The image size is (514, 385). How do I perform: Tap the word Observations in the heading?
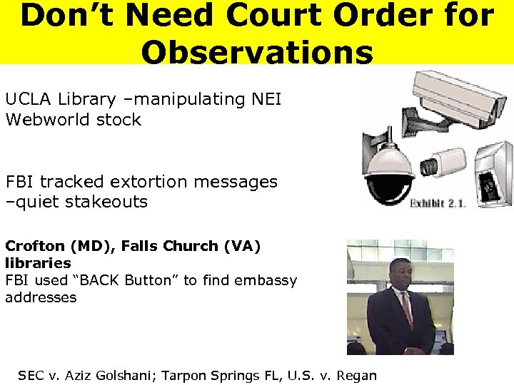257,51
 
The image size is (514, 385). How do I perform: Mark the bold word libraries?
38,264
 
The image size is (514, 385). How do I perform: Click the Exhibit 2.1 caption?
438,203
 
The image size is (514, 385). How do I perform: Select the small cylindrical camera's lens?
429,165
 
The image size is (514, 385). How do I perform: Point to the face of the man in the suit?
400,274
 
